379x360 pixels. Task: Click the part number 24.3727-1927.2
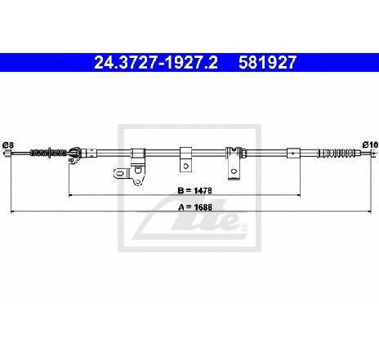[x=156, y=62]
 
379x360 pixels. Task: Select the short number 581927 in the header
[x=267, y=62]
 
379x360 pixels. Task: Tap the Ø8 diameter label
[x=8, y=145]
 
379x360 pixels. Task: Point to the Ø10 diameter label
[x=371, y=144]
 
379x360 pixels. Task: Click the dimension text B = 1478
[x=194, y=190]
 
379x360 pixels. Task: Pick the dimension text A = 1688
[x=195, y=207]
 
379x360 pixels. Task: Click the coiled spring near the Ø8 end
[x=48, y=153]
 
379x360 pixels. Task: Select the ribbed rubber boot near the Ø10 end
[x=337, y=153]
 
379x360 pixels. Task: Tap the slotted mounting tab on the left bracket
[x=121, y=173]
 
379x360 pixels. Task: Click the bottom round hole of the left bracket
[x=138, y=181]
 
